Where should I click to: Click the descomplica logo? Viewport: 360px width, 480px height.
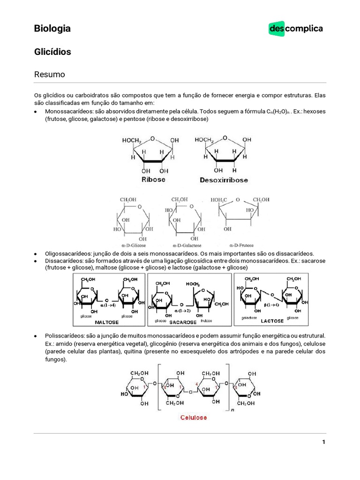coord(295,29)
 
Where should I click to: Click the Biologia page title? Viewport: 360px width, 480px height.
coord(52,29)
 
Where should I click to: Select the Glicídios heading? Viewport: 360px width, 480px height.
coord(52,52)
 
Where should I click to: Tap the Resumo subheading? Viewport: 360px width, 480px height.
coord(49,75)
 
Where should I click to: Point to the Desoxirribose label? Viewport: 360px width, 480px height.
coord(224,180)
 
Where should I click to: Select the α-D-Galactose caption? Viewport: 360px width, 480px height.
coord(187,245)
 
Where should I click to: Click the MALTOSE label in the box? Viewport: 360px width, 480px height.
coord(107,322)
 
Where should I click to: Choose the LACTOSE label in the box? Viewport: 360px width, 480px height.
coord(272,321)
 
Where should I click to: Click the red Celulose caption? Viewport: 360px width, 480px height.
coord(194,417)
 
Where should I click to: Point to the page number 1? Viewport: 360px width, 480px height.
coord(323,442)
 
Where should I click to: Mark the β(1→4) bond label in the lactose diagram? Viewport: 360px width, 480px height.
coord(271,305)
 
